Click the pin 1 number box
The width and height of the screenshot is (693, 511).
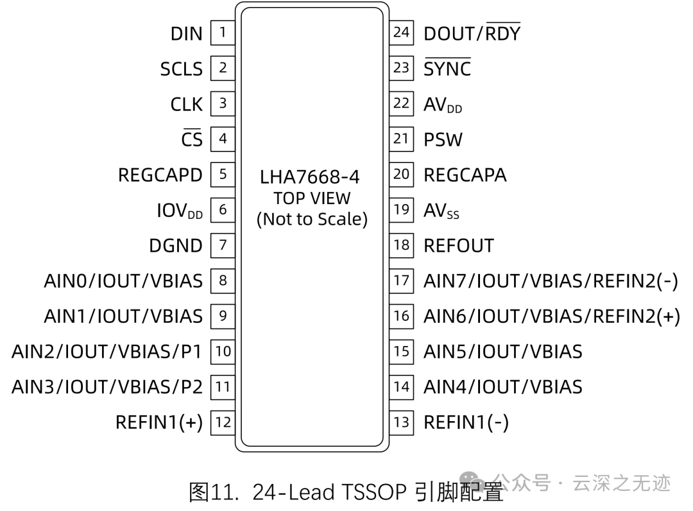tap(223, 32)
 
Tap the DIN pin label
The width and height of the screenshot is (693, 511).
tap(186, 33)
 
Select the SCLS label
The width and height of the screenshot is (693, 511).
tap(181, 69)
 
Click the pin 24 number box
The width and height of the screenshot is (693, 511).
tap(401, 32)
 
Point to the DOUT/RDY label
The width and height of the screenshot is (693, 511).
tap(472, 33)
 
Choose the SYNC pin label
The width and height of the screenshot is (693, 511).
tap(447, 69)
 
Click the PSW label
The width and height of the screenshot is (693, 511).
tap(443, 139)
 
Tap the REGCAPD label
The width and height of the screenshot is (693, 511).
tap(160, 175)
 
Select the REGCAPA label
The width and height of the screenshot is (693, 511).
tap(465, 175)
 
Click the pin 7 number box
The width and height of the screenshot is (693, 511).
tap(223, 245)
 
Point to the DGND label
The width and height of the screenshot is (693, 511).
tap(175, 245)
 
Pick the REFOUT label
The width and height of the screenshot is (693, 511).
tap(458, 245)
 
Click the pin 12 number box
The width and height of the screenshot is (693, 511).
tap(223, 422)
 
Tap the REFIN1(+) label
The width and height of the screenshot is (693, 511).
tap(158, 422)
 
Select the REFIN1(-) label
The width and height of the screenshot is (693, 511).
tap(466, 422)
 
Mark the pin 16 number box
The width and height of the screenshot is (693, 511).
tap(401, 315)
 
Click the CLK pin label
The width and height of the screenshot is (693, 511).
tap(186, 104)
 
